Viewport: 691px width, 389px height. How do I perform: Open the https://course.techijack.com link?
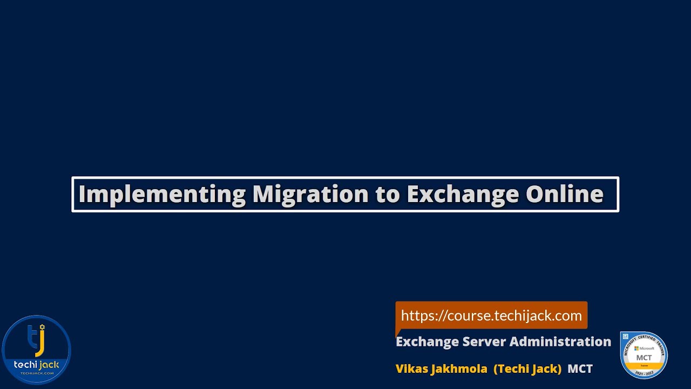(491, 316)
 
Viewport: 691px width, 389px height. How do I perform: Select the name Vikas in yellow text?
(412, 368)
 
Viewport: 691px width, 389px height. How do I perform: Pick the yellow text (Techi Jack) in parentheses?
(527, 368)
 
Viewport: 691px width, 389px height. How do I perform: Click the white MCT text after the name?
(580, 368)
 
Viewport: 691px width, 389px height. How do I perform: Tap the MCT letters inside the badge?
(644, 358)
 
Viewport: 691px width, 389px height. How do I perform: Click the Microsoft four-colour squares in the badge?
(636, 348)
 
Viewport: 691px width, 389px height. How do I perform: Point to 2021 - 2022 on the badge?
(644, 373)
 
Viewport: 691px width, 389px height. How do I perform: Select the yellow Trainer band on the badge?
(644, 366)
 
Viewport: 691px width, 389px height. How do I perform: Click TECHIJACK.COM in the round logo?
(37, 373)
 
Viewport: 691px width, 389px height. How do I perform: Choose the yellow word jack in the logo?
(48, 365)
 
